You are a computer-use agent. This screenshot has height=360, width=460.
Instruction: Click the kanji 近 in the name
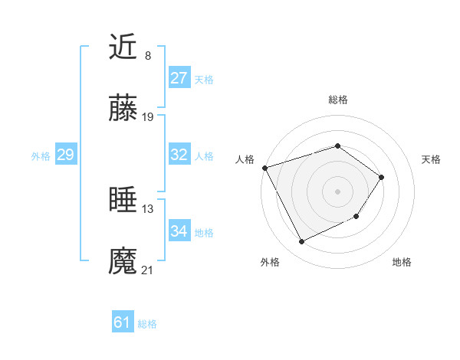click(x=123, y=47)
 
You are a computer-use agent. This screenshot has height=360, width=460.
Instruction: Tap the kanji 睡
click(x=123, y=201)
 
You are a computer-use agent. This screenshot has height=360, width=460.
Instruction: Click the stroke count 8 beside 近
click(x=148, y=55)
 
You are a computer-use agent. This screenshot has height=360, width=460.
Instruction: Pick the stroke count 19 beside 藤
click(x=148, y=117)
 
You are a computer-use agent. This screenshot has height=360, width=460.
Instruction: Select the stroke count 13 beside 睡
click(x=148, y=208)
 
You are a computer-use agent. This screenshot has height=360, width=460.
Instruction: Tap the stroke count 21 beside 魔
click(x=148, y=270)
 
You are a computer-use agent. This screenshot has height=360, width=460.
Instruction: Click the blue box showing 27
click(x=179, y=78)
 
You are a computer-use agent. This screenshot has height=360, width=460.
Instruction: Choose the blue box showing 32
click(x=179, y=155)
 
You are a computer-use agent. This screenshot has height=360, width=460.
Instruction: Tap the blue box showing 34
click(x=179, y=231)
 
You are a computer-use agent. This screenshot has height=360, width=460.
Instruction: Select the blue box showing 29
click(x=65, y=155)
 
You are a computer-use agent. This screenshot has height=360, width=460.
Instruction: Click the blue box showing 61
click(x=123, y=322)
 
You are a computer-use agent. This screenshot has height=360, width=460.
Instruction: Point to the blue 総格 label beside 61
click(x=147, y=324)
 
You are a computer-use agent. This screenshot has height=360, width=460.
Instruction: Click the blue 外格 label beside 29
click(x=41, y=156)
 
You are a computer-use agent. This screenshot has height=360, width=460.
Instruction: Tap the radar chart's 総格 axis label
click(x=338, y=100)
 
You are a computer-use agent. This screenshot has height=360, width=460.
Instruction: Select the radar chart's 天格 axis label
click(x=432, y=159)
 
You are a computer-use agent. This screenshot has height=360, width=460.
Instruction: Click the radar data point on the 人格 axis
click(x=264, y=168)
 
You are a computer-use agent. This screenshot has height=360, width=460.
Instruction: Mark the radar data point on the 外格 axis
click(x=302, y=242)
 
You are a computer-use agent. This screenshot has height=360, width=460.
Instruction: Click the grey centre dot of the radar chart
click(x=337, y=191)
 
